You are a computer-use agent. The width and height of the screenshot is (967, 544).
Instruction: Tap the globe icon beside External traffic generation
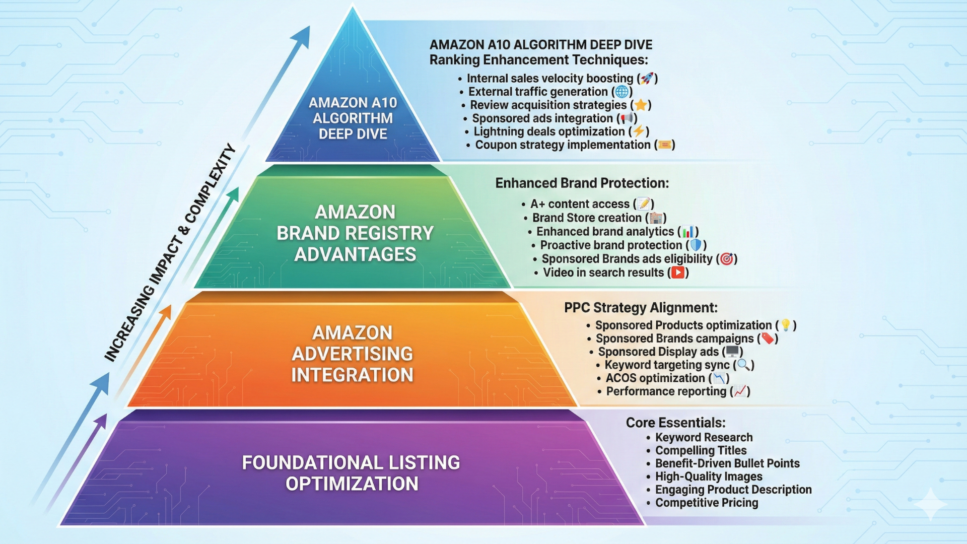(x=622, y=92)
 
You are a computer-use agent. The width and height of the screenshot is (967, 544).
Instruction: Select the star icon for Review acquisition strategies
(x=641, y=105)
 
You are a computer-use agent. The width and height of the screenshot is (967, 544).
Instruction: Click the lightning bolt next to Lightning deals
(x=639, y=131)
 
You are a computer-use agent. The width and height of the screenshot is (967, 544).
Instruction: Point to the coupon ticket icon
(x=665, y=145)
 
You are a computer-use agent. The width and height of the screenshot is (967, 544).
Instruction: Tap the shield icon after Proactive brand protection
(x=696, y=245)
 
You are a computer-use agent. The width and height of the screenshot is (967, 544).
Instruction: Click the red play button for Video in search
(x=678, y=273)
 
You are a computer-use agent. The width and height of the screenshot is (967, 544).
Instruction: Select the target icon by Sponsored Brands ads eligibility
(x=726, y=259)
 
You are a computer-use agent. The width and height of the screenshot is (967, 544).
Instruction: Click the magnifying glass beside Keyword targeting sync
(x=743, y=365)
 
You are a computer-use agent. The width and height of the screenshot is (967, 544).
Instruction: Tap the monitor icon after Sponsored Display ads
(x=732, y=352)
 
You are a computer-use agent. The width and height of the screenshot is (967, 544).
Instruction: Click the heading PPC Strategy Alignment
(x=641, y=308)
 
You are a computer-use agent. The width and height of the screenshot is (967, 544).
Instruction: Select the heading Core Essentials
(x=675, y=423)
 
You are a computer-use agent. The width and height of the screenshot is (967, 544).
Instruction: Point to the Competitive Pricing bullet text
(x=707, y=503)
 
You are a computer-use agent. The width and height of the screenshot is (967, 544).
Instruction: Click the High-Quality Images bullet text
(x=709, y=477)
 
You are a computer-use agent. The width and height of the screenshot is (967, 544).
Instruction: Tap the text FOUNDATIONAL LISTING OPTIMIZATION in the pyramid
(x=352, y=473)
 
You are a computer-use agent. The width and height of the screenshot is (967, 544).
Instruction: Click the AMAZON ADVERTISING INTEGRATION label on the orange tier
(x=352, y=354)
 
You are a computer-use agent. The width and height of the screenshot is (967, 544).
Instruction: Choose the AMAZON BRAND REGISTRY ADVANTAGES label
(x=355, y=233)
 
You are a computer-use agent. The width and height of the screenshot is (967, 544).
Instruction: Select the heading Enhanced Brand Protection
(x=582, y=183)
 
